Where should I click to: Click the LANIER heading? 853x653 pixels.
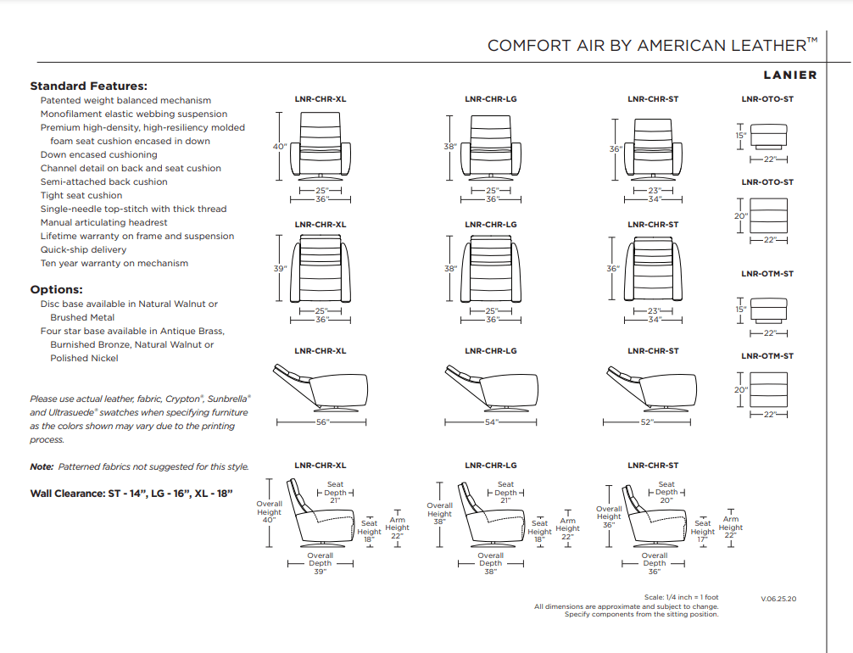(x=789, y=75)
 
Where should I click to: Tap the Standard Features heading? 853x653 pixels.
(x=89, y=86)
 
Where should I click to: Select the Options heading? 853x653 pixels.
(x=56, y=289)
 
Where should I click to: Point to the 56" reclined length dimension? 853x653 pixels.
(x=322, y=421)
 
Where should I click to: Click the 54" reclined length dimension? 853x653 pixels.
(x=492, y=421)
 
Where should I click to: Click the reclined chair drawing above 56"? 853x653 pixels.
(x=321, y=385)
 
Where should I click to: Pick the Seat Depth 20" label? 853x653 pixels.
(x=666, y=493)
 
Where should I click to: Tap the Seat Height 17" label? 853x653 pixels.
(x=702, y=532)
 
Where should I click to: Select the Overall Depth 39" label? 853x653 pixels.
(x=320, y=564)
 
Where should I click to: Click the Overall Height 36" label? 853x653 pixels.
(x=609, y=516)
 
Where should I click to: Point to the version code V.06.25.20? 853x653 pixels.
(x=778, y=599)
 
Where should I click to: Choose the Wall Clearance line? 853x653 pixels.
(x=131, y=493)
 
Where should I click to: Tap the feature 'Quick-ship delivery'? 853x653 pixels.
(x=83, y=249)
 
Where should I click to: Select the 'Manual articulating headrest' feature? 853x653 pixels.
(x=103, y=222)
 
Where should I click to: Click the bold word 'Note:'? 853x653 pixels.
(x=42, y=466)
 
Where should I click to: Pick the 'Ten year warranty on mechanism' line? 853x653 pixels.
(x=114, y=263)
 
